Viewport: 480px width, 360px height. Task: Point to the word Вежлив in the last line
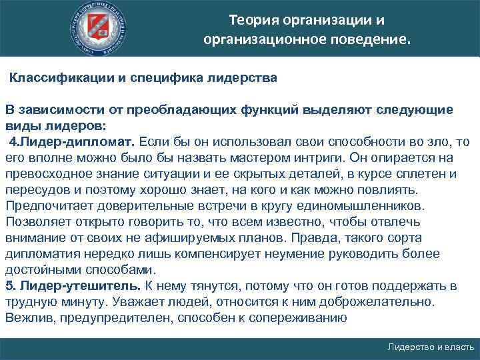point(29,318)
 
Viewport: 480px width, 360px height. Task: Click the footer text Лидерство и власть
point(431,347)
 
